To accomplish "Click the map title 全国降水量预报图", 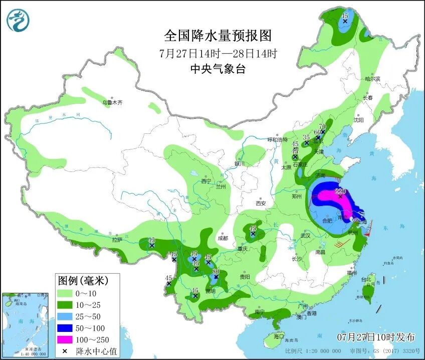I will point(218,36).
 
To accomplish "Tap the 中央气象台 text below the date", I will point(218,69).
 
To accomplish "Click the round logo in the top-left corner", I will point(18,20).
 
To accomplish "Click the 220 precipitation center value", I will point(341,191).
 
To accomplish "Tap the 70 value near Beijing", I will point(323,126).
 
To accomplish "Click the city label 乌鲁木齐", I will point(112,102).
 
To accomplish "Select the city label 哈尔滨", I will point(373,79).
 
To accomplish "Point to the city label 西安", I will point(261,203).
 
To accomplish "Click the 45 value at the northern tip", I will point(345,16).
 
